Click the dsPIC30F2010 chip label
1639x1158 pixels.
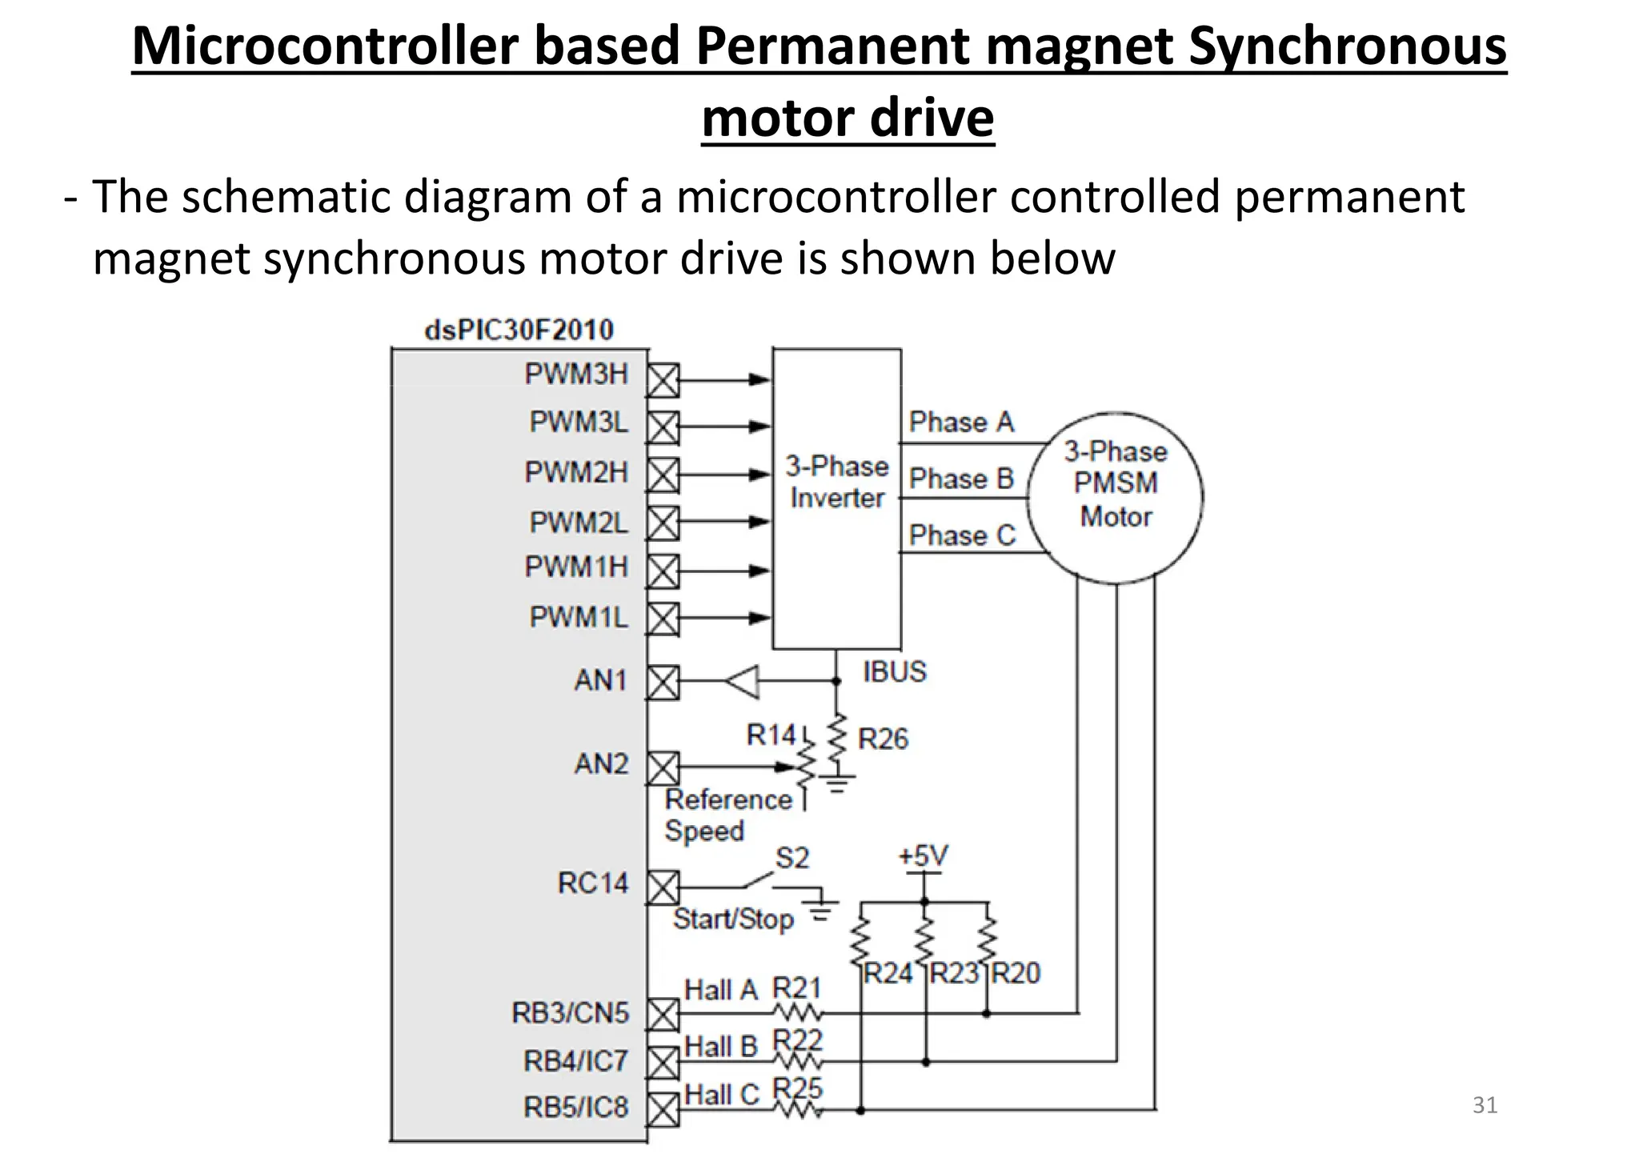(519, 330)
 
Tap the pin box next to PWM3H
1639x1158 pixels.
(663, 380)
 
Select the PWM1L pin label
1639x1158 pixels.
(579, 617)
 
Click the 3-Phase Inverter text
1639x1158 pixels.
(836, 482)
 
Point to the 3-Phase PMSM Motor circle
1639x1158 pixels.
(1115, 496)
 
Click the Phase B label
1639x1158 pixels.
(961, 479)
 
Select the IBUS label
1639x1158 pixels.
(894, 671)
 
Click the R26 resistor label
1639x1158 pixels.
(883, 739)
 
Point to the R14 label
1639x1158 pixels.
(771, 734)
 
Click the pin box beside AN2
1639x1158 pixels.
(663, 768)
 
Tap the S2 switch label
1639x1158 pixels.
(792, 858)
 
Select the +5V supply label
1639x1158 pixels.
(923, 856)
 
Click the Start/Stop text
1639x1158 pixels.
(733, 919)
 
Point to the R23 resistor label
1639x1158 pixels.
(955, 973)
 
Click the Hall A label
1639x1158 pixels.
(720, 990)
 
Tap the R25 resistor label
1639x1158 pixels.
(797, 1088)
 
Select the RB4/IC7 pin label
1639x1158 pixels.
(575, 1061)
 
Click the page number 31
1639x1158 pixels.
(1485, 1105)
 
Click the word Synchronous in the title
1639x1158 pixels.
(1347, 46)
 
